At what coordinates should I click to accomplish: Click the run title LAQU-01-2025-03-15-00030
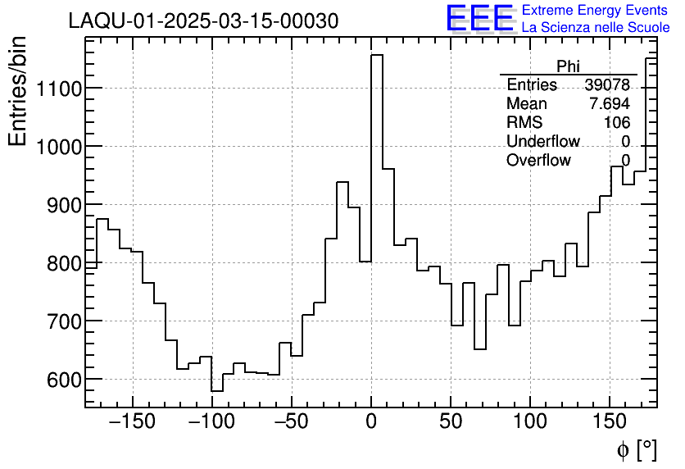pos(203,21)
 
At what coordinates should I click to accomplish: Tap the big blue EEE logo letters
pos(479,18)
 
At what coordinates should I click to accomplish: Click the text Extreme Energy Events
pos(596,11)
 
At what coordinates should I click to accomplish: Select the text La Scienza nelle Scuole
pos(596,27)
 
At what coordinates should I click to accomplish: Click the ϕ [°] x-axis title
pos(637,449)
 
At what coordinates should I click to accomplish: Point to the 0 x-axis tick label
pos(371,422)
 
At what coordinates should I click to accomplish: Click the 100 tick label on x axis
pos(530,422)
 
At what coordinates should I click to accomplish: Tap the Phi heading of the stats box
pos(568,66)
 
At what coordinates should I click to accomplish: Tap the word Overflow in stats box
pos(538,161)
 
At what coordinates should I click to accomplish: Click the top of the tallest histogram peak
pos(377,56)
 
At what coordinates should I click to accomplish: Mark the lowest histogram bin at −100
pos(217,391)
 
